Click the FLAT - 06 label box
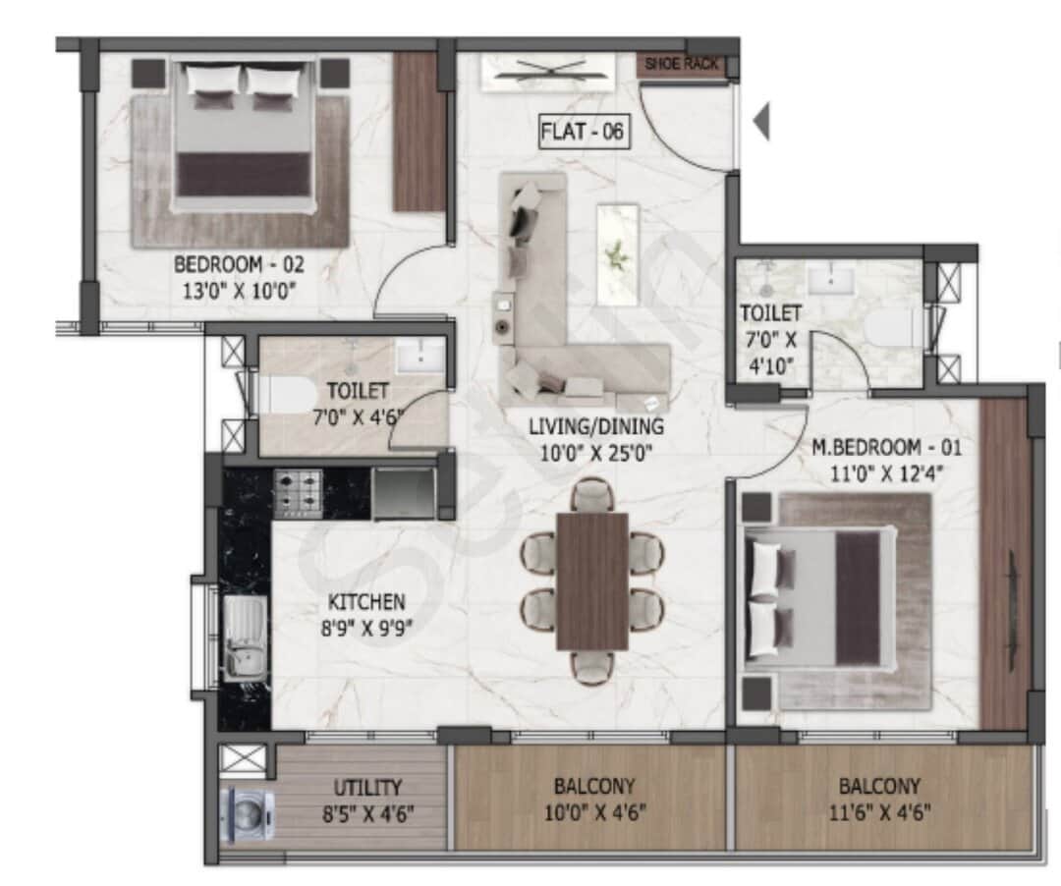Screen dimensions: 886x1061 click(584, 131)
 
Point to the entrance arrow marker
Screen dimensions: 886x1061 click(760, 122)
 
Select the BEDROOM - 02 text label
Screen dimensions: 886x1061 click(235, 264)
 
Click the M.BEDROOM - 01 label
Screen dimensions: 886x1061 click(886, 448)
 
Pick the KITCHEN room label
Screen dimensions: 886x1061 click(366, 601)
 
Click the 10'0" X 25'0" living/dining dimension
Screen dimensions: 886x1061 click(595, 452)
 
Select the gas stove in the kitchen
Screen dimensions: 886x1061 click(298, 493)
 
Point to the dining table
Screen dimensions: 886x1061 click(591, 581)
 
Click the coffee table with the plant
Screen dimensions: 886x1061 click(617, 253)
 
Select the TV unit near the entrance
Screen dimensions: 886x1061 click(547, 71)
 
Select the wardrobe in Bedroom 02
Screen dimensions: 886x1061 click(419, 132)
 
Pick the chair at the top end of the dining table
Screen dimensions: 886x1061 click(592, 494)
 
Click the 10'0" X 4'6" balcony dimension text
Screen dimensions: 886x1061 click(593, 812)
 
